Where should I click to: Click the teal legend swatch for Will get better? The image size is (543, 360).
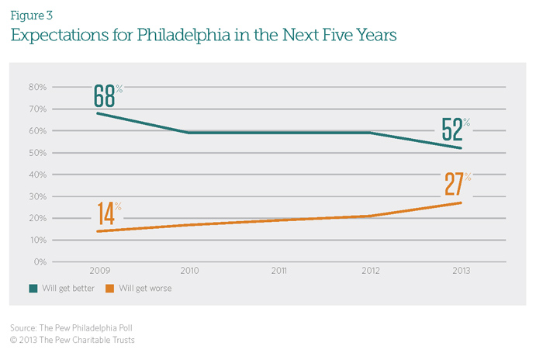pyautogui.click(x=33, y=289)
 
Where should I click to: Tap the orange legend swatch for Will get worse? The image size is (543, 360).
pyautogui.click(x=111, y=289)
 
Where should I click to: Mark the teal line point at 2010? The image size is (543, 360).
pyautogui.click(x=188, y=133)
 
